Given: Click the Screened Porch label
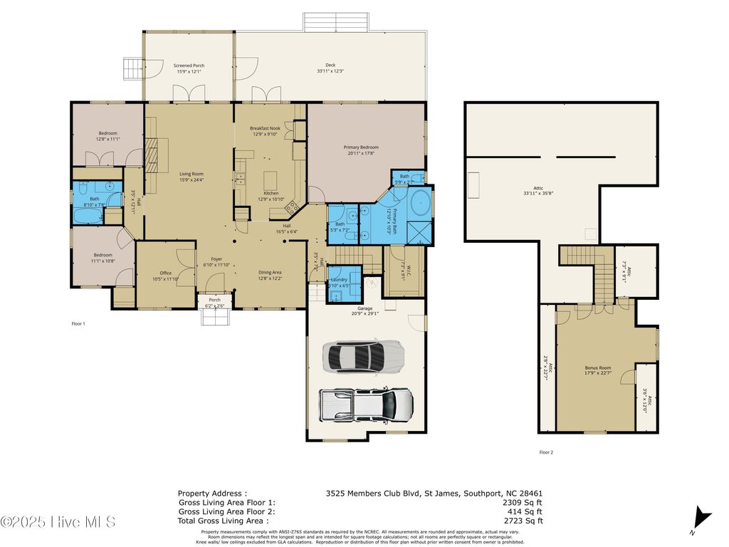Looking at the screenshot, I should point(189,65).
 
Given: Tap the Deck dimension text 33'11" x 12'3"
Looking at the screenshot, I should point(330,71).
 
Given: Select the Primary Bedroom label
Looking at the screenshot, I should point(362,147).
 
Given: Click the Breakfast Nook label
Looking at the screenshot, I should point(265,128).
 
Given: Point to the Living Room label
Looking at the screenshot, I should point(192,174).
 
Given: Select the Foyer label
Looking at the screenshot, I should point(217,259).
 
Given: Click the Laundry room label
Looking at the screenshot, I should point(339,280).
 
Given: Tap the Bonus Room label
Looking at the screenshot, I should point(598,368).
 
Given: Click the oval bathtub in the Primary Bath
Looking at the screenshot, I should point(420,203).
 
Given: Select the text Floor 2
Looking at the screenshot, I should point(546,452).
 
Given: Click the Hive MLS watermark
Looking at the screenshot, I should point(58,522).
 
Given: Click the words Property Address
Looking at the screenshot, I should point(212,493).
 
